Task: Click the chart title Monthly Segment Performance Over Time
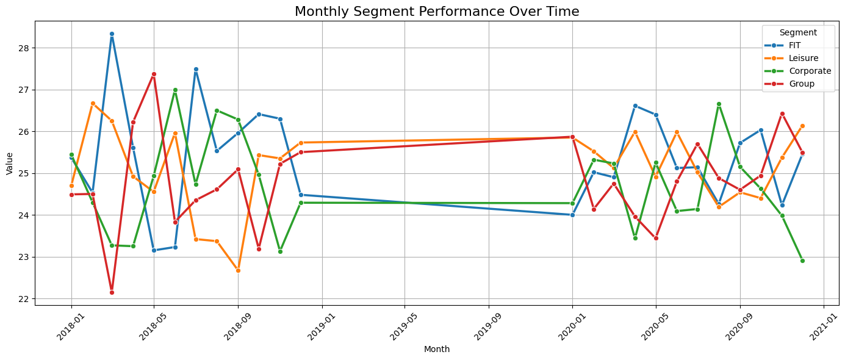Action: (x=436, y=11)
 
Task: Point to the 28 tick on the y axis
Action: (x=25, y=48)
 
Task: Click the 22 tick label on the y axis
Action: (x=25, y=299)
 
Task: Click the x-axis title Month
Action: (x=436, y=350)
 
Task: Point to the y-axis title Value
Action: (x=9, y=164)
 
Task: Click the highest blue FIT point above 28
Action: (x=112, y=34)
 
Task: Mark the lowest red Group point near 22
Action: (x=112, y=292)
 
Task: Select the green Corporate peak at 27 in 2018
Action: (x=175, y=90)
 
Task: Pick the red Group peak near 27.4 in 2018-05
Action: (x=154, y=74)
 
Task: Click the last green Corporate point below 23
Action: (x=802, y=261)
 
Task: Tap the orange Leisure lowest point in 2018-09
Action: (x=238, y=270)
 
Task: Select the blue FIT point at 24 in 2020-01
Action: (x=572, y=215)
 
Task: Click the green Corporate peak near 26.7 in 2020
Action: (x=719, y=104)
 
